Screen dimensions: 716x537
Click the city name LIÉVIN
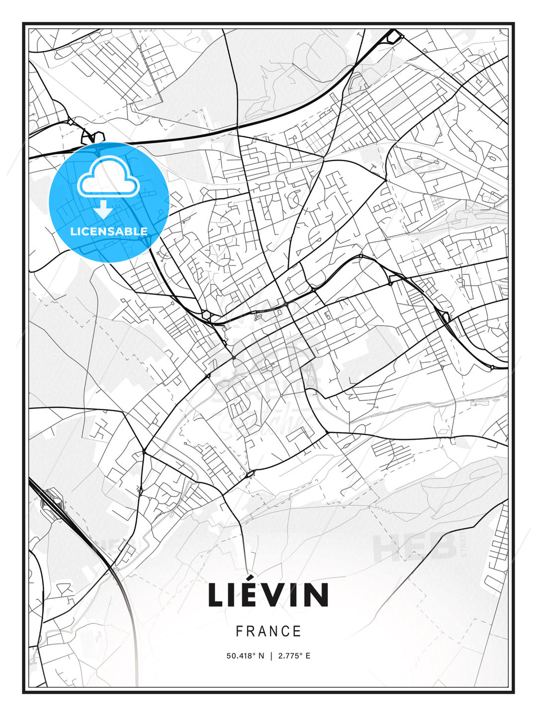click(x=268, y=595)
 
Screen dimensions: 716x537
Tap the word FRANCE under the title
click(x=268, y=631)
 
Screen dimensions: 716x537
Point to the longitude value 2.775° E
click(x=294, y=656)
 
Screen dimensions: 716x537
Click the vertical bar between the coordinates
click(x=271, y=656)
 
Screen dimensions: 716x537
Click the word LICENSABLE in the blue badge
click(x=109, y=231)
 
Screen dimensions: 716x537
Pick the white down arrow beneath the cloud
click(x=103, y=209)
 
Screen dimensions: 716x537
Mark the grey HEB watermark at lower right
click(x=416, y=547)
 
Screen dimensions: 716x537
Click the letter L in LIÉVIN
click(x=216, y=595)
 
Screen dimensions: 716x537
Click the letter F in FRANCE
click(x=239, y=631)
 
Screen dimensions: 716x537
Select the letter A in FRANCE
click(x=262, y=631)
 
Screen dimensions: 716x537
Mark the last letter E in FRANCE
click(x=297, y=631)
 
